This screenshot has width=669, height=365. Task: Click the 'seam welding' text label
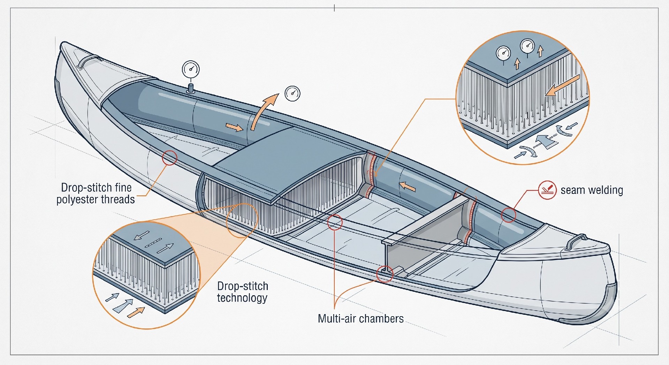click(x=592, y=190)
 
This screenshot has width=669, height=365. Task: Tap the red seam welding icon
click(x=547, y=190)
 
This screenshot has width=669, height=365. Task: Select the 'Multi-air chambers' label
click(x=360, y=319)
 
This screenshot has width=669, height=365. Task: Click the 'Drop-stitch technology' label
click(x=243, y=292)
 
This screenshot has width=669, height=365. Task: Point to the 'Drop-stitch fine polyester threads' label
click(x=96, y=193)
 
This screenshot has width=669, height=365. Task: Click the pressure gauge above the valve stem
click(x=191, y=69)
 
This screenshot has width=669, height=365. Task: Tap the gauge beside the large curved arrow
click(x=292, y=93)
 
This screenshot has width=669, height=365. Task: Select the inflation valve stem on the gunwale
click(x=191, y=88)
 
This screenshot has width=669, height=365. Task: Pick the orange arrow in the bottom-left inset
click(x=136, y=312)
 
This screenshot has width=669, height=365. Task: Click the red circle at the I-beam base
click(x=385, y=274)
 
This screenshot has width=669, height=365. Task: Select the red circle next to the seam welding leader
click(x=508, y=215)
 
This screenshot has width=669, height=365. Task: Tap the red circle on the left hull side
click(x=169, y=158)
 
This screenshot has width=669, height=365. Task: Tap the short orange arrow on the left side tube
click(x=234, y=127)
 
